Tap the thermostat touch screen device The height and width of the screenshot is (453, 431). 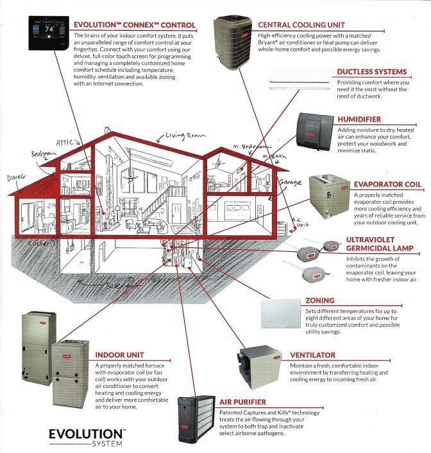pyautogui.click(x=49, y=29)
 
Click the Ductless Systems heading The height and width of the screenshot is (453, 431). pyautogui.click(x=371, y=72)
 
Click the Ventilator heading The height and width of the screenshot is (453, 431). pyautogui.click(x=312, y=355)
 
